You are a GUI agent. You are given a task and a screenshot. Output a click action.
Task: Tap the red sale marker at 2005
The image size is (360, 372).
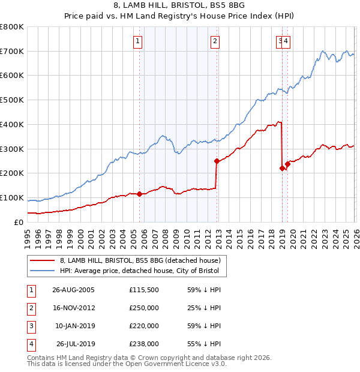pyautogui.click(x=140, y=194)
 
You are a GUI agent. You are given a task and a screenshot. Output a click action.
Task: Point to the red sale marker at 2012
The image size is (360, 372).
pyautogui.click(x=217, y=161)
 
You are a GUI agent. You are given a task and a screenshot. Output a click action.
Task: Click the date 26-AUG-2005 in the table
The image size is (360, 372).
pyautogui.click(x=73, y=289)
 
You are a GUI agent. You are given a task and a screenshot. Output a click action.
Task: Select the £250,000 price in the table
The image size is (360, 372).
pyautogui.click(x=144, y=307)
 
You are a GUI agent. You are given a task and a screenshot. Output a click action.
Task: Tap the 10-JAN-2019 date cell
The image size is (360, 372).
pyautogui.click(x=74, y=325)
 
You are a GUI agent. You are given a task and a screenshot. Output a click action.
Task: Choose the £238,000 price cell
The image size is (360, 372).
pyautogui.click(x=144, y=343)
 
